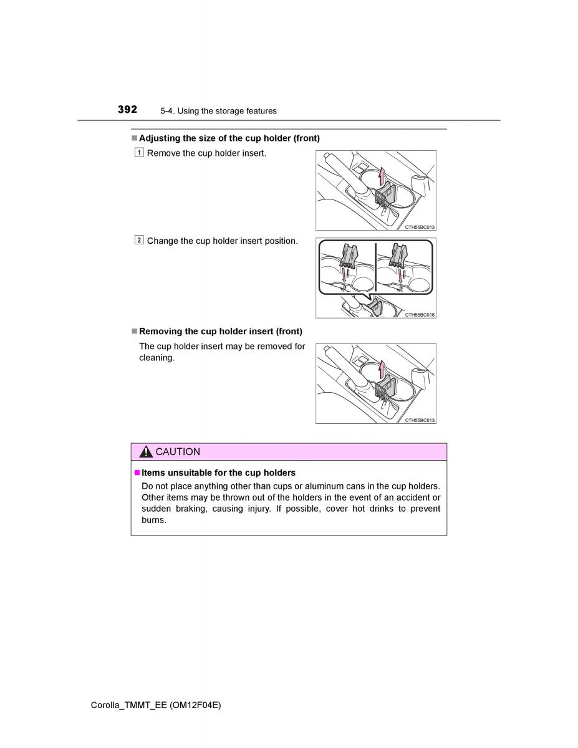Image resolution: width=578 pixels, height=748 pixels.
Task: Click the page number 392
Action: coord(127,110)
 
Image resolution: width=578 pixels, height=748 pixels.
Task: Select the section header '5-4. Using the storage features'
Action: coord(218,111)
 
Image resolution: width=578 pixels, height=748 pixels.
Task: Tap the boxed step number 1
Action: coord(138,153)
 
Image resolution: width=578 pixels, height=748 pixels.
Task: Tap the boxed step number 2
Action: coord(138,240)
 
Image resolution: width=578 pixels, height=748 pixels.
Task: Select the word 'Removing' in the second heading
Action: coord(160,332)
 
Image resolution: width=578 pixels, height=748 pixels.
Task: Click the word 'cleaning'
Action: coord(156,358)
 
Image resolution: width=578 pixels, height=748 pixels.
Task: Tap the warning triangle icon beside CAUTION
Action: coord(146,452)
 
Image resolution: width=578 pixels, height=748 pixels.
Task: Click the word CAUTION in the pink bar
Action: coord(178,452)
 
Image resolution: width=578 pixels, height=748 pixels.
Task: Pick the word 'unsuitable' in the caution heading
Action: coord(188,472)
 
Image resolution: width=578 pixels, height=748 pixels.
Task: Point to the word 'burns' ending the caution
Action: coord(153,520)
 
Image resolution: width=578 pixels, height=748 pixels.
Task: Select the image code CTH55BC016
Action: coord(420,315)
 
